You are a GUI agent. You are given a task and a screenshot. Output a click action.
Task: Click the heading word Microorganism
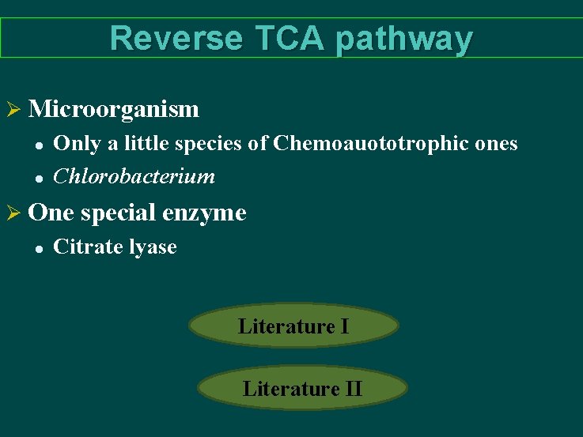113,108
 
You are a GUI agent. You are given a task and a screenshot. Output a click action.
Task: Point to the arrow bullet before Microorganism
13,108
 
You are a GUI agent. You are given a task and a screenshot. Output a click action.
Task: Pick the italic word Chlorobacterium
134,175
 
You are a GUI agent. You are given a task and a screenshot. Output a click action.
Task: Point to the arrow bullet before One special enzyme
13,213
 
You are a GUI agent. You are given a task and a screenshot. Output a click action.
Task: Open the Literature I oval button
293,326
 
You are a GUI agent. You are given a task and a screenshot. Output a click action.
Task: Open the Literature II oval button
302,388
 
